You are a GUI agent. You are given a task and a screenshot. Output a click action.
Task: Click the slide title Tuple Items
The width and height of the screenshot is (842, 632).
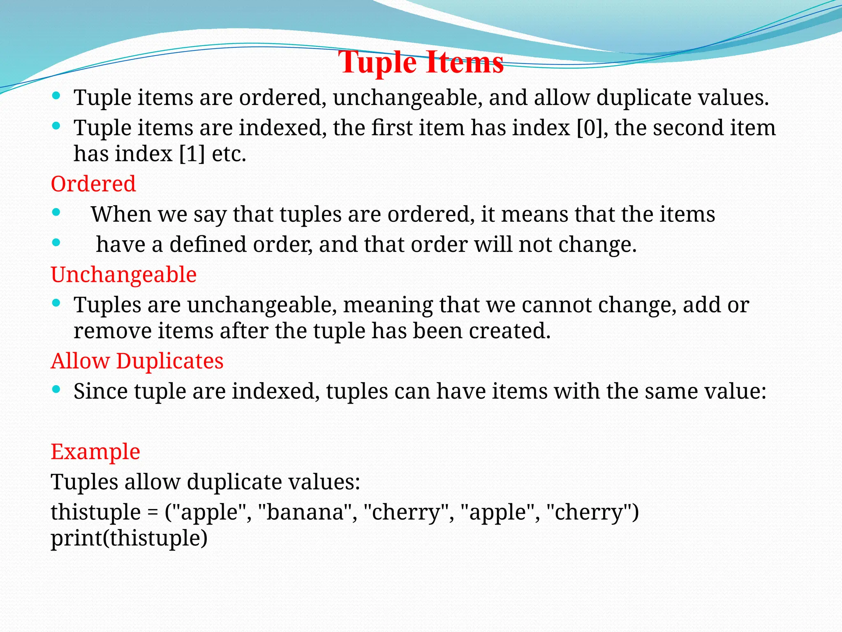[421, 63]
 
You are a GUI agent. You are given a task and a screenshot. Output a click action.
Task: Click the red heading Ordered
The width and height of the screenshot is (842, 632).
[93, 184]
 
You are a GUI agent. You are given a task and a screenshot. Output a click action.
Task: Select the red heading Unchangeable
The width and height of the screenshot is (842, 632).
[124, 274]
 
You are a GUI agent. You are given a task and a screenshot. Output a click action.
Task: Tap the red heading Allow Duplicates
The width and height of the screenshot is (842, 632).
[137, 361]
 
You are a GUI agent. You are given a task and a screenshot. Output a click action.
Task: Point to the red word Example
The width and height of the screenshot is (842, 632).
[95, 451]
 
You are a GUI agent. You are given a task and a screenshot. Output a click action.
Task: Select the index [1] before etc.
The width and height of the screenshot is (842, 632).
[192, 154]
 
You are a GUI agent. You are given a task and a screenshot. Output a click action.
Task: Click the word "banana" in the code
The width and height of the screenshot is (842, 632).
[305, 512]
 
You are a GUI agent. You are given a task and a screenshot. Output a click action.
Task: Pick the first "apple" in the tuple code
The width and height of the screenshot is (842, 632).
[210, 512]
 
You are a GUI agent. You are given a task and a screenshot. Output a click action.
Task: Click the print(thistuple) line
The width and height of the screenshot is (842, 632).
[129, 538]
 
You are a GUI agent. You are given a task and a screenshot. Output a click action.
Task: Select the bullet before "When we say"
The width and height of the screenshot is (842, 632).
[56, 213]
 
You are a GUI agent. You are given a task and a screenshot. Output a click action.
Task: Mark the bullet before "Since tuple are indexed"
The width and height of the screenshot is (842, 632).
[56, 389]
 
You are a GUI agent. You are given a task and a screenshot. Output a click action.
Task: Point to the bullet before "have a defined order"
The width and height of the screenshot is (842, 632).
[56, 243]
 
